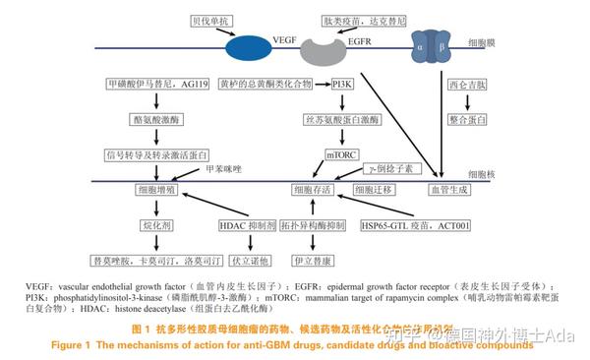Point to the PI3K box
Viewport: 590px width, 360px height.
click(x=344, y=85)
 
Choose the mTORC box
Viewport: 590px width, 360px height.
click(x=344, y=153)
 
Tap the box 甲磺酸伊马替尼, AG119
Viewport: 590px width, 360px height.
click(x=157, y=85)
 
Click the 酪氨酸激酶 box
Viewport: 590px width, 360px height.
click(x=157, y=119)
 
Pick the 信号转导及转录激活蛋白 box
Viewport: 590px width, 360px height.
click(x=157, y=153)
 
